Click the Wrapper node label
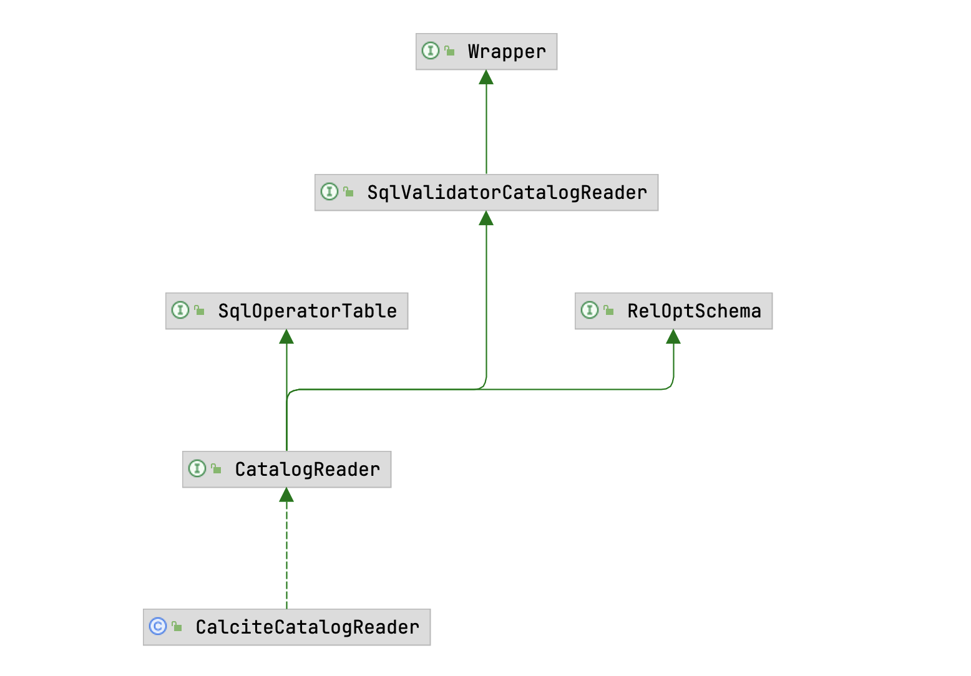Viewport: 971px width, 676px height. [506, 52]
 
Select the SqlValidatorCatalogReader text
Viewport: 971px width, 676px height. [506, 193]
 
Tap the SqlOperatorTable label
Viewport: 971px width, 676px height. [307, 311]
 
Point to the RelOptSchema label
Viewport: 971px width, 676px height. [694, 311]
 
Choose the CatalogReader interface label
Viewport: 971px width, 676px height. [307, 470]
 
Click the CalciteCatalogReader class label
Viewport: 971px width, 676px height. [307, 627]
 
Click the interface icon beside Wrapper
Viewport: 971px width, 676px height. [431, 51]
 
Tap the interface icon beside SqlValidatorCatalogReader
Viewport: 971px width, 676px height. [329, 191]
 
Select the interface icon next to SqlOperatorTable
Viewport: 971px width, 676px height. [180, 310]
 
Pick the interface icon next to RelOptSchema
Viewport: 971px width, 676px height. [590, 310]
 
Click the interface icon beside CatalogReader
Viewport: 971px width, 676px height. [197, 468]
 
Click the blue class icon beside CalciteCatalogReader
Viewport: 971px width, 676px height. [158, 626]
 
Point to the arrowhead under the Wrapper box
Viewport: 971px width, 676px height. [486, 77]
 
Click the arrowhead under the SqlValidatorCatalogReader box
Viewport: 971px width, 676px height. [486, 218]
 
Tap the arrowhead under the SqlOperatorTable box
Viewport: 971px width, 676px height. [286, 337]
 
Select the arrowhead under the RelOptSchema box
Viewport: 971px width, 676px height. [673, 337]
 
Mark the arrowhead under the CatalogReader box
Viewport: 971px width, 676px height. [286, 495]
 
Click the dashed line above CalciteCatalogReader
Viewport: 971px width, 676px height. [286, 555]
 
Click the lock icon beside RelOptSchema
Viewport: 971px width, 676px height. [609, 310]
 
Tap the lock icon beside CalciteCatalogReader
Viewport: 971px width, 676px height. [177, 626]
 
